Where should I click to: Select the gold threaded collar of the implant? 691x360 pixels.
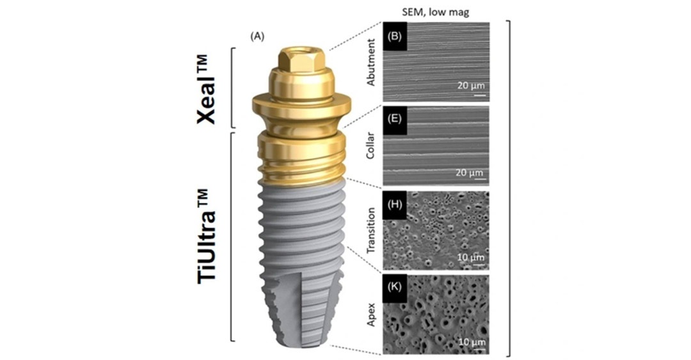click(x=301, y=157)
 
